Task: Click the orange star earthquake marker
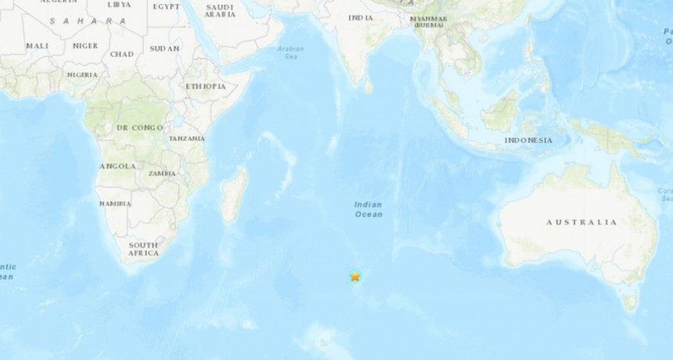[x=355, y=275]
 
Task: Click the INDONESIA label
[x=528, y=140]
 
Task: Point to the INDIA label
[x=360, y=18]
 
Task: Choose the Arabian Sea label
[x=290, y=52]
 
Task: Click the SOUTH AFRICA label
[x=144, y=249]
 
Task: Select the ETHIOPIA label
[x=205, y=86]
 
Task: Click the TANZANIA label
[x=187, y=139]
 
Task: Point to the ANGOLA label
[x=117, y=167]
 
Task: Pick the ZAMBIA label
[x=161, y=172]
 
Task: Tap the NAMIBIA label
[x=115, y=203]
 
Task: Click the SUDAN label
[x=164, y=48]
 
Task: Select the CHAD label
[x=122, y=54]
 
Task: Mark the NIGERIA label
[x=82, y=74]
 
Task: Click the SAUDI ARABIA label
[x=219, y=11]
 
